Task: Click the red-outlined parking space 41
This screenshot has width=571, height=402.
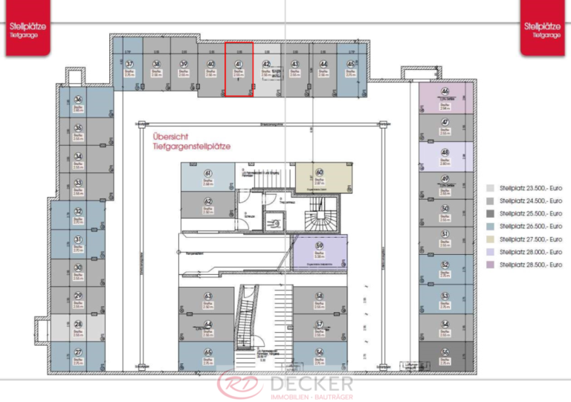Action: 239,69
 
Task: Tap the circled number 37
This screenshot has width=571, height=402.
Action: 129,64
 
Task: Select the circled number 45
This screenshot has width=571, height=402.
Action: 351,64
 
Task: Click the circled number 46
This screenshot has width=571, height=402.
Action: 445,90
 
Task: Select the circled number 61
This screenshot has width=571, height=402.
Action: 208,173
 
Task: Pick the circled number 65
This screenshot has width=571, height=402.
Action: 208,351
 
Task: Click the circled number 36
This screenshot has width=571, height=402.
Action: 78,100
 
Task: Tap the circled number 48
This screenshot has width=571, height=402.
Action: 445,153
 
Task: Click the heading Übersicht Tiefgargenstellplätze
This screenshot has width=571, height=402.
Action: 191,141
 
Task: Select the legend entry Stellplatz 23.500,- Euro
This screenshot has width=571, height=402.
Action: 531,188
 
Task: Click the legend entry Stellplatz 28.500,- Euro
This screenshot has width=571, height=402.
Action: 531,265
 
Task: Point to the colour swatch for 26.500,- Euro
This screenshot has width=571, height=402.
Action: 491,226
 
